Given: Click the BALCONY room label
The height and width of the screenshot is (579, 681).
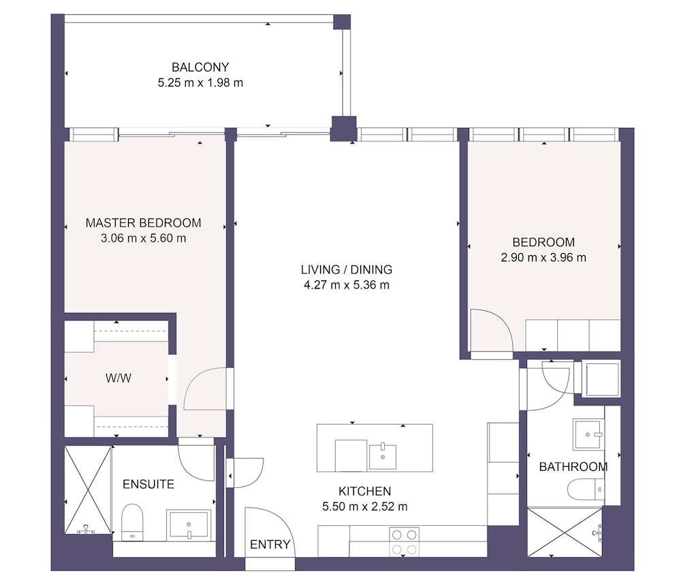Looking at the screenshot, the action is click(200, 67).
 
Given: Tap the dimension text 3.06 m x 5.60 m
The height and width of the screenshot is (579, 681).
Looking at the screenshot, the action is click(143, 238).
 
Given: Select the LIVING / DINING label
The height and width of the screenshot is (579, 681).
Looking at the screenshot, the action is click(347, 269).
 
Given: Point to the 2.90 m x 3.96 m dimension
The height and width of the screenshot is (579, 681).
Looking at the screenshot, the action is click(543, 257).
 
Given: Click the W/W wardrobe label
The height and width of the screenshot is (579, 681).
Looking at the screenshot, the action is click(118, 378).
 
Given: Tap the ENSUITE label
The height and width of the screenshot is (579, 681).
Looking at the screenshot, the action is click(148, 484).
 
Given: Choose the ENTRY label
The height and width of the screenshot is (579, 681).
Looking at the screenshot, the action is click(270, 544).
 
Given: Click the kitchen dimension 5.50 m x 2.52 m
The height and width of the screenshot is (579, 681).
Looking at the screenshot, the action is click(365, 506).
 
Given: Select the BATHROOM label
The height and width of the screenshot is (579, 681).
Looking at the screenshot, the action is click(573, 467).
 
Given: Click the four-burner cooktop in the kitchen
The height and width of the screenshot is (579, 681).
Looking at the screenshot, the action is click(405, 542).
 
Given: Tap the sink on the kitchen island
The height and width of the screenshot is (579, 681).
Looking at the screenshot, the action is click(382, 456).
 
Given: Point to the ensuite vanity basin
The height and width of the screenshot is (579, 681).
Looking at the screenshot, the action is click(189, 525).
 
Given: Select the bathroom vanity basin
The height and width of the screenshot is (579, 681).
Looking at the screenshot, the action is click(588, 434).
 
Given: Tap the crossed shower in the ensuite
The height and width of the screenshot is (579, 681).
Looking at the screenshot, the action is click(88, 490).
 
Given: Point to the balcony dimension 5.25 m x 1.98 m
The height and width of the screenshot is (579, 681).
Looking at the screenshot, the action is click(200, 82).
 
